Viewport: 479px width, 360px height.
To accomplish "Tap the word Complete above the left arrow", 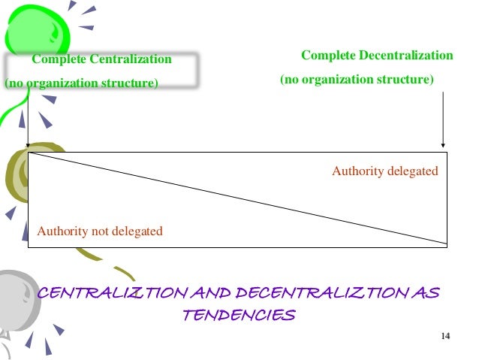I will point(58,59).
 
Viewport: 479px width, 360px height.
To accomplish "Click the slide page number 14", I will point(444,335).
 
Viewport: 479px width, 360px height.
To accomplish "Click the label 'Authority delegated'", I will point(384,171).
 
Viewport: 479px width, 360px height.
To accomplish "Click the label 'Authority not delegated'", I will point(100,231).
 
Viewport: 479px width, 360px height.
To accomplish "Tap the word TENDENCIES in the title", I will point(239,315).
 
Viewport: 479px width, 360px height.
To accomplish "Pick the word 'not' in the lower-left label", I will point(101,231).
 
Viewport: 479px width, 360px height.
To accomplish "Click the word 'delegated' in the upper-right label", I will point(412,171).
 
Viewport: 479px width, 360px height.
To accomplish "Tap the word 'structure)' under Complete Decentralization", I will point(408,79).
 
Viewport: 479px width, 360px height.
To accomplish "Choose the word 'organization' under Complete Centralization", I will point(65,83).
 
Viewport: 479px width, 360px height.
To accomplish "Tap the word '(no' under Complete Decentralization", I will point(289,79).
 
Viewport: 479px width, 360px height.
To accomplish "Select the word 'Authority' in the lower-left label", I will point(63,231).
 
